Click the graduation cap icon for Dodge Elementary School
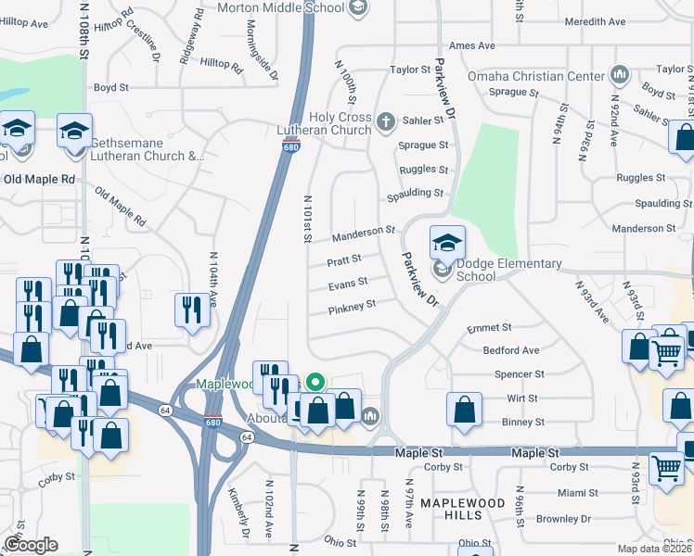(447, 243)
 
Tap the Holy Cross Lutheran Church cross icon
(387, 120)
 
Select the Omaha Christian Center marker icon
(620, 75)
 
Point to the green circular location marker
(315, 380)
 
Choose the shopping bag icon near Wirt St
(464, 408)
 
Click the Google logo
(31, 545)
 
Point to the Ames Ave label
(471, 45)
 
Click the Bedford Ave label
(510, 350)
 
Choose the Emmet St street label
(490, 327)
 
